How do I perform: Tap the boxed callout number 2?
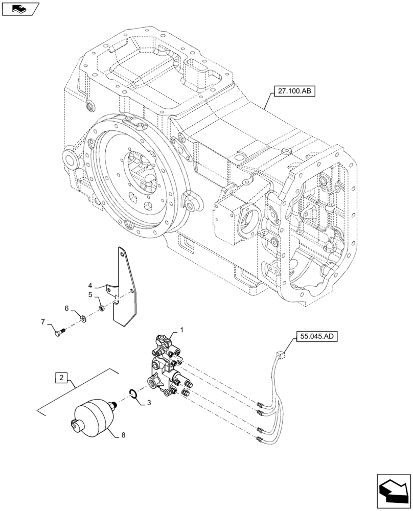[x=61, y=378]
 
